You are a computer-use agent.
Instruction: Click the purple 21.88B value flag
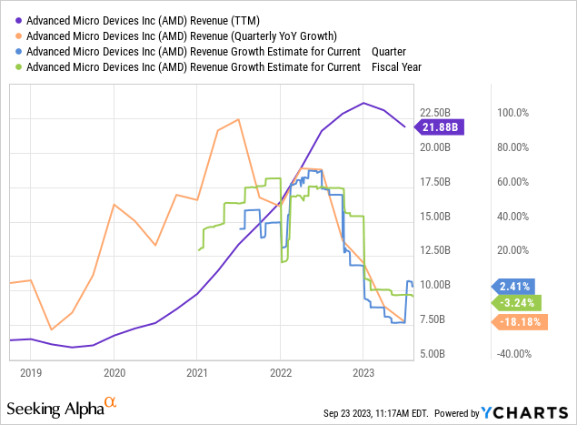point(442,127)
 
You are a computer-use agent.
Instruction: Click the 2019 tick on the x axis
point(31,371)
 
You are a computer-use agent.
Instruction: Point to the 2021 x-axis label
point(197,371)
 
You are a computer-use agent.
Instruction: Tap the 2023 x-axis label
point(363,371)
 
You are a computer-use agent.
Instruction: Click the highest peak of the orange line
point(238,119)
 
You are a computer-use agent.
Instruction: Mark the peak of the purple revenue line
point(363,103)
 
